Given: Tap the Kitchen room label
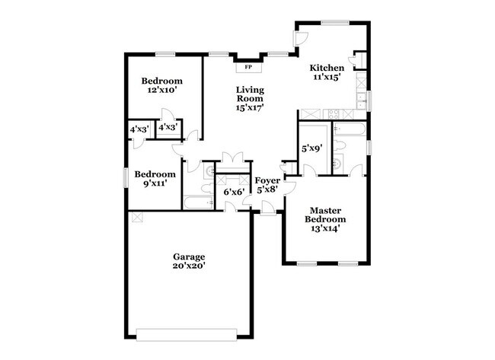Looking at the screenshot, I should pyautogui.click(x=327, y=67).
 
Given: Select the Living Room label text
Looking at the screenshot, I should pyautogui.click(x=249, y=94).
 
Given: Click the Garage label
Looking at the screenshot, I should pyautogui.click(x=189, y=256).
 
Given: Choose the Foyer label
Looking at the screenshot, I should pyautogui.click(x=267, y=180).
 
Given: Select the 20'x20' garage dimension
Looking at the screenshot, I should pyautogui.click(x=189, y=266).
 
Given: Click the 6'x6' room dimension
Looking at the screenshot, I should pyautogui.click(x=233, y=193).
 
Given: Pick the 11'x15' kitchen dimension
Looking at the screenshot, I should pyautogui.click(x=327, y=76).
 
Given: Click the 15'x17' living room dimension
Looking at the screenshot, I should pyautogui.click(x=249, y=108).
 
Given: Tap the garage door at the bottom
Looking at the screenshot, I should pyautogui.click(x=189, y=333).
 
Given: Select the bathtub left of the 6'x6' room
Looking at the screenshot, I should pyautogui.click(x=197, y=202).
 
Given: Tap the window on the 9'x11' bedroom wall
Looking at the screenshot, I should pyautogui.click(x=126, y=176).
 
